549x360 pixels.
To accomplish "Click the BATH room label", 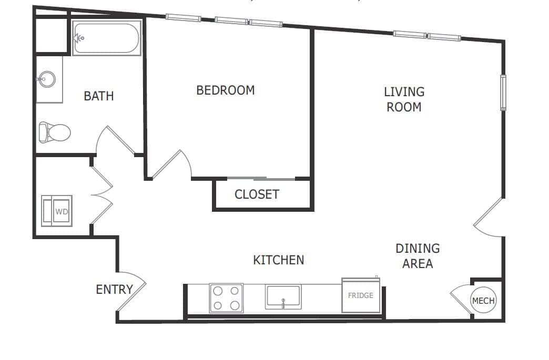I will tap(98, 96).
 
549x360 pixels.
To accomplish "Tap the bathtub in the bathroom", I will tap(106, 38).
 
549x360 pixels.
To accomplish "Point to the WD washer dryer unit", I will tap(57, 211).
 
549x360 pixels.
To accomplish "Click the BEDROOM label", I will tap(225, 90).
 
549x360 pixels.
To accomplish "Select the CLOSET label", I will tap(257, 194).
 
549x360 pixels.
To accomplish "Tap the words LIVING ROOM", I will tap(404, 99).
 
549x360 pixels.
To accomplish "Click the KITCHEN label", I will tap(278, 260).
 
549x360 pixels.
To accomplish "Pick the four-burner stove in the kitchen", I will tap(227, 298).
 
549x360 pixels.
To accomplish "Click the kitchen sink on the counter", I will tap(283, 297).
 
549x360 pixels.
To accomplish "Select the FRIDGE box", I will tap(361, 295).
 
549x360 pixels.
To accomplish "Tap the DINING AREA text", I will tap(418, 255).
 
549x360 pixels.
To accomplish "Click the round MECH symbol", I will tap(483, 301).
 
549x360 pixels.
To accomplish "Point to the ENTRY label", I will tap(114, 289).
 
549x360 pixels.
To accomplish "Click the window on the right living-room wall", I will tap(503, 92).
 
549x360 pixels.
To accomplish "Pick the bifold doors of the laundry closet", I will tap(101, 195).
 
